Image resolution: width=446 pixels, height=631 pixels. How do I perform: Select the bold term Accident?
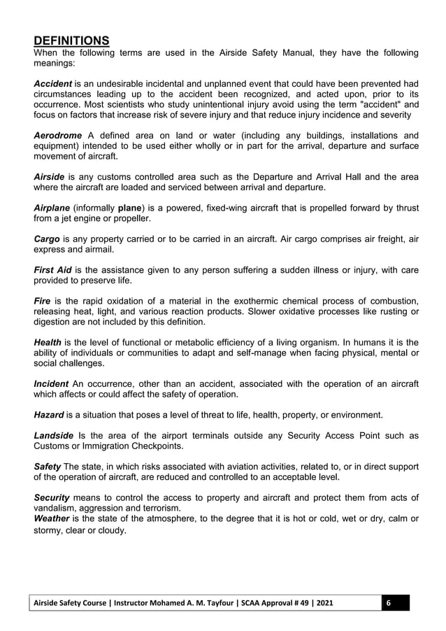[x=53, y=83]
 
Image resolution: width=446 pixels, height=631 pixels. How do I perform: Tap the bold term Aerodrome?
[x=58, y=135]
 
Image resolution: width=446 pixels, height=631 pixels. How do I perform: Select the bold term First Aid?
[x=57, y=271]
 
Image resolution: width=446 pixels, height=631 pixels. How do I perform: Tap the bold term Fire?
[x=43, y=302]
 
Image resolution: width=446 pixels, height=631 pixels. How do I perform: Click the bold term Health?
[x=48, y=343]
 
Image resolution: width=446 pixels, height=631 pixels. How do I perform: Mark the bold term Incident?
[x=51, y=384]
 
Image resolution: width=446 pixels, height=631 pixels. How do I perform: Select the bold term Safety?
[x=48, y=467]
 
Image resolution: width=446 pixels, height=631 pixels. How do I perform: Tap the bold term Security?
[x=52, y=497]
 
